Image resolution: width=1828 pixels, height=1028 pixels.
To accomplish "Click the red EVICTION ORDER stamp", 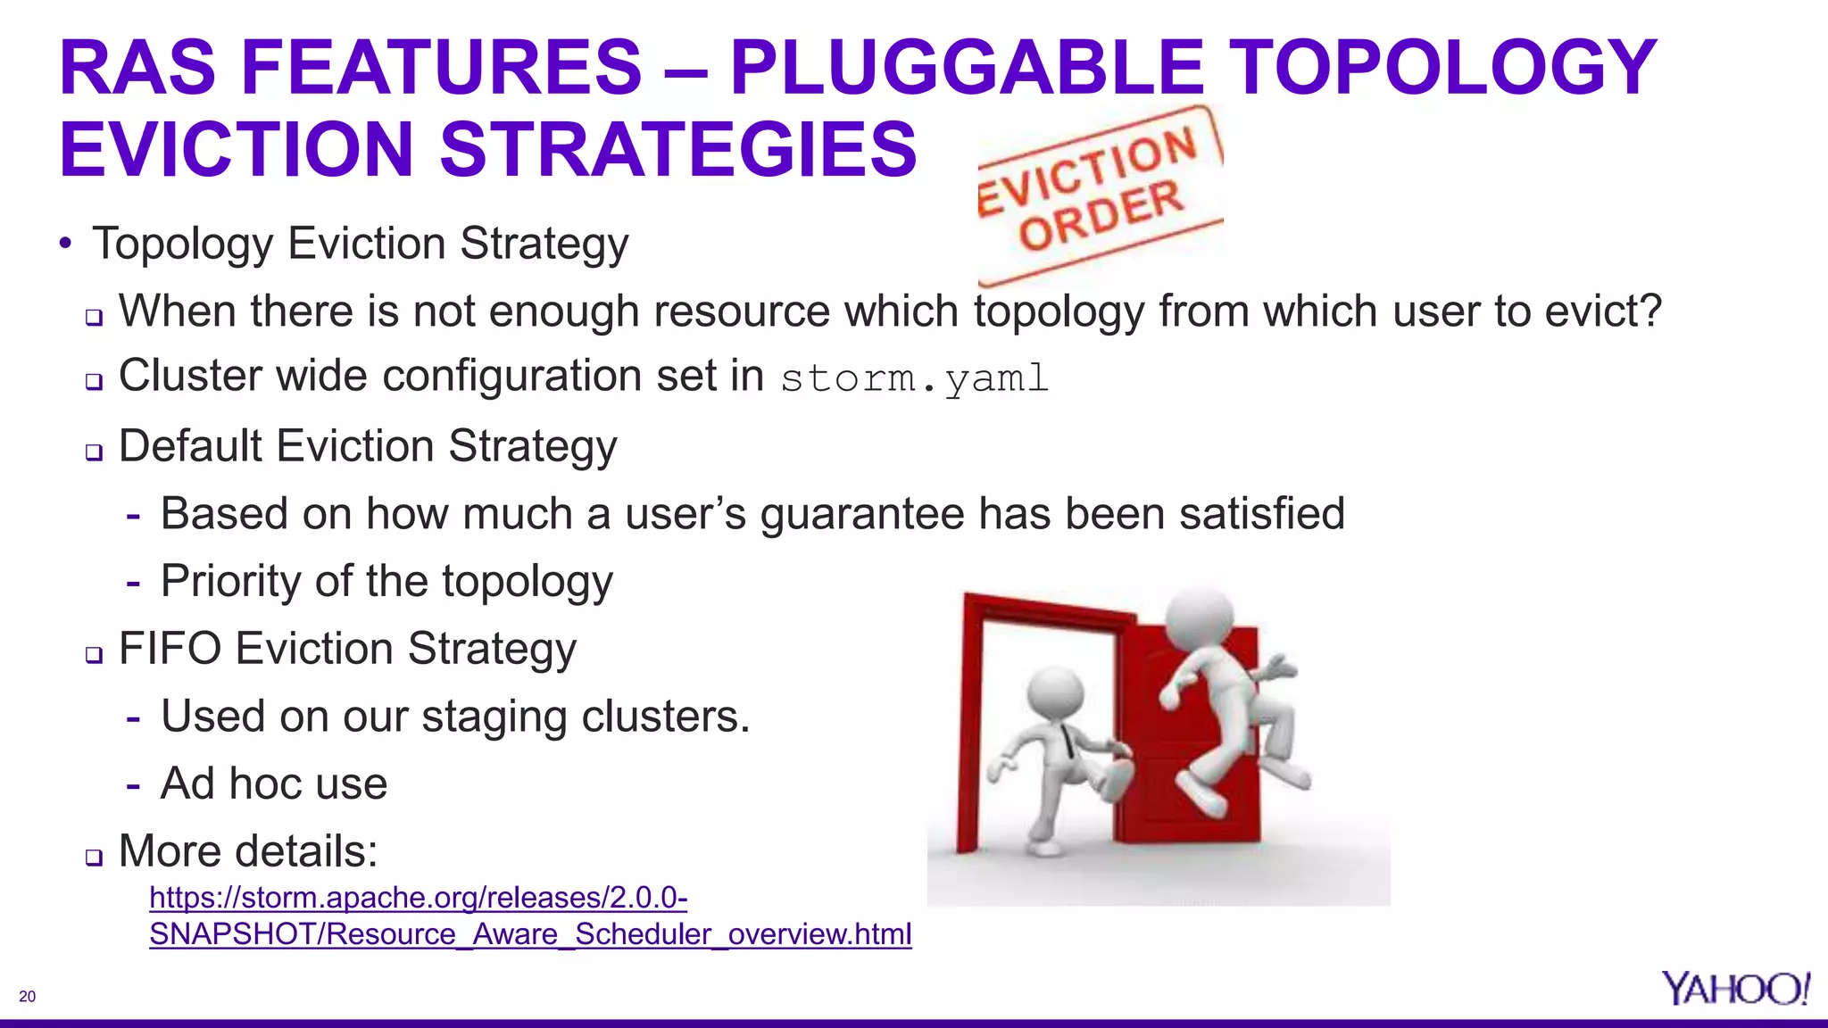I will click(x=1100, y=191).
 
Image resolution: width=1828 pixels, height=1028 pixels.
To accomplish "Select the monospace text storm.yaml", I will click(x=914, y=378).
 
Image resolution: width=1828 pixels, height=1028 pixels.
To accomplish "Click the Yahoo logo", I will click(x=1734, y=989).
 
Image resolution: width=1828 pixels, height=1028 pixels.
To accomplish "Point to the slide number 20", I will click(x=28, y=997).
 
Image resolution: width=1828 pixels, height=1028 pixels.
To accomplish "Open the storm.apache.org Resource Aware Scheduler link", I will click(x=529, y=916).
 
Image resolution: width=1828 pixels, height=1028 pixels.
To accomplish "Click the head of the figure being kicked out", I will click(x=1201, y=617).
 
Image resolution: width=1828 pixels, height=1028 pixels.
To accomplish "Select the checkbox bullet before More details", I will click(x=95, y=858).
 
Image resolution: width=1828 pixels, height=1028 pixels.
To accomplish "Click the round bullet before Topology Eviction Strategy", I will click(x=65, y=244).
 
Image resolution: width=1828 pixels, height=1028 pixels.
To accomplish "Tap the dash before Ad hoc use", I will click(x=133, y=785).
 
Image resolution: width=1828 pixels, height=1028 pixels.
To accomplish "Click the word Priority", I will click(x=229, y=582).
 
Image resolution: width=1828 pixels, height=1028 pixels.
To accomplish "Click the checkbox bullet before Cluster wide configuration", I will click(x=95, y=382).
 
